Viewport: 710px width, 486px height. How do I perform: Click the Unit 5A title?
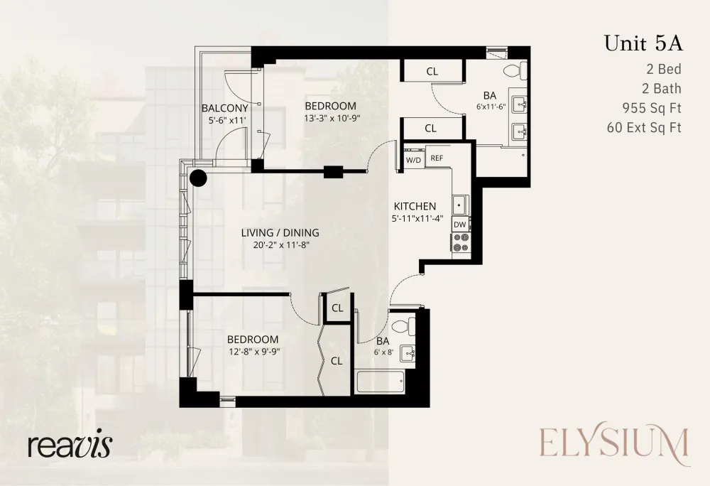pyautogui.click(x=643, y=43)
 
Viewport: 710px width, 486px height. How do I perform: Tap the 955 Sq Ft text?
pyautogui.click(x=652, y=108)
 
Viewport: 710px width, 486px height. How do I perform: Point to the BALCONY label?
pyautogui.click(x=224, y=108)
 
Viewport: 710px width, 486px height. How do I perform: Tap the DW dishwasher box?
pyautogui.click(x=460, y=225)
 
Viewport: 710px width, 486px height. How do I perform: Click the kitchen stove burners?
pyautogui.click(x=461, y=242)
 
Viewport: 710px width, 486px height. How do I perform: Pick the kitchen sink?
pyautogui.click(x=461, y=205)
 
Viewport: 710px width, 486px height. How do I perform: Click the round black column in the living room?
pyautogui.click(x=198, y=178)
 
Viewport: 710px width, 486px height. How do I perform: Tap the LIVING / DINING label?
pyautogui.click(x=280, y=233)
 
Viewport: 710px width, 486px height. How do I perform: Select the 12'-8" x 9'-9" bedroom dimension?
pyautogui.click(x=252, y=351)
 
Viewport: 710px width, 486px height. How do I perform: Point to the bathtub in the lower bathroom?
pyautogui.click(x=381, y=382)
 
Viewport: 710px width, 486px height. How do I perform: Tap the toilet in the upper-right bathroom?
pyautogui.click(x=515, y=70)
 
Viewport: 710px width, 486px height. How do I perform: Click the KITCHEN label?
pyautogui.click(x=415, y=206)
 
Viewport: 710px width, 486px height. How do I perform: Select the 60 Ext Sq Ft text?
pyautogui.click(x=644, y=127)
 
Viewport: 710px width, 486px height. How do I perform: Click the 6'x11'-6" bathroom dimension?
pyautogui.click(x=491, y=107)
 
